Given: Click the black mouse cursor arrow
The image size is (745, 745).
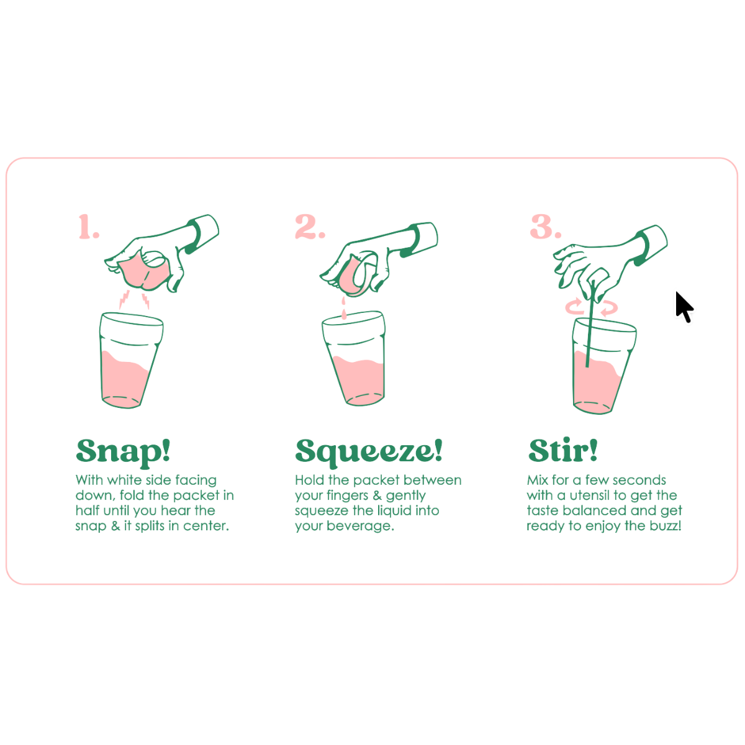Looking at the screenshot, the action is pyautogui.click(x=684, y=307).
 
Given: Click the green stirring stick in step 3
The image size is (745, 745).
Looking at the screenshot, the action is pyautogui.click(x=590, y=324).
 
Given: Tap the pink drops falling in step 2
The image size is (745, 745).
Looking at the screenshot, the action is pyautogui.click(x=344, y=308).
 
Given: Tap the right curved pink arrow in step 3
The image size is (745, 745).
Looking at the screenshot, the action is pyautogui.click(x=609, y=308).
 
